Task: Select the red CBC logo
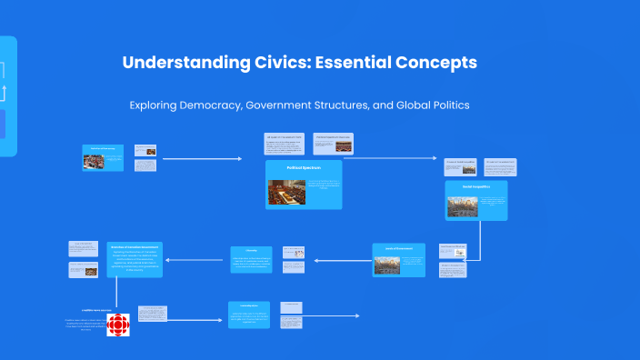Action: (119, 325)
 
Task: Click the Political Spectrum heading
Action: (304, 168)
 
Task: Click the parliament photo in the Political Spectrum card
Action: (286, 192)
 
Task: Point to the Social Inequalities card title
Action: (475, 186)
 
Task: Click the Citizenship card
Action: (250, 259)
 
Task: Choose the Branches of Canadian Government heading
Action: (135, 247)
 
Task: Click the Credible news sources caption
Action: (96, 310)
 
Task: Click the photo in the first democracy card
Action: (94, 162)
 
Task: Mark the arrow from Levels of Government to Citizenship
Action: (341, 260)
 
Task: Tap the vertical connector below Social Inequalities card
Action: (479, 239)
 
